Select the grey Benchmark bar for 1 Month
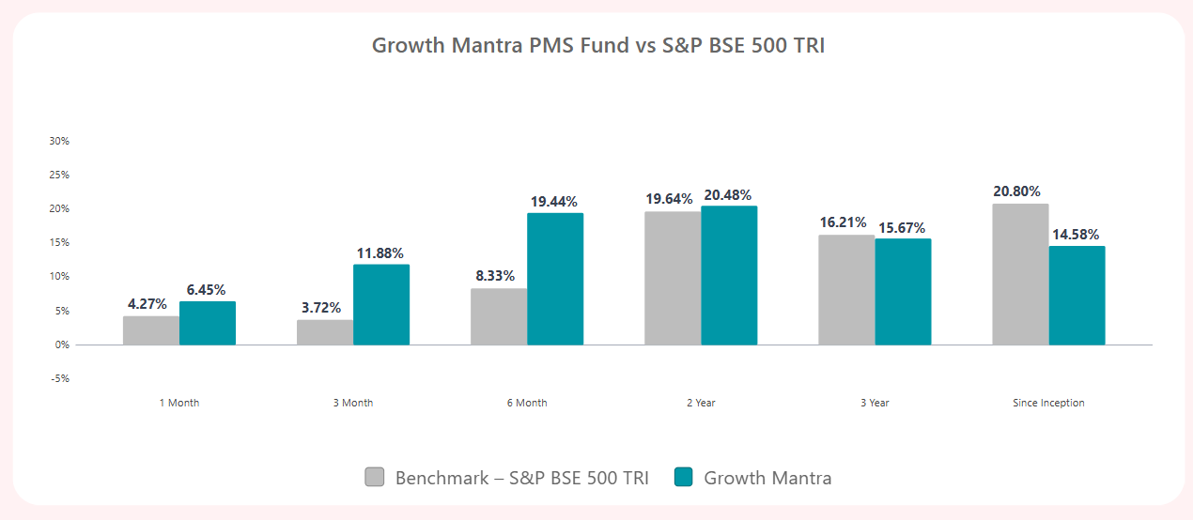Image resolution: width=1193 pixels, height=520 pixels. pos(151,330)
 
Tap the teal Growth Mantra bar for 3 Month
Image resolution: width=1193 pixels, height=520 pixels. pos(381,305)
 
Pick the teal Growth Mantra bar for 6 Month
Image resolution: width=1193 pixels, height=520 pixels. pos(555,279)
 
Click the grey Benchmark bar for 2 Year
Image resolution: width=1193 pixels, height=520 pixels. pos(673,278)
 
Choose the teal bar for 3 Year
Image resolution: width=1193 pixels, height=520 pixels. pos(903,292)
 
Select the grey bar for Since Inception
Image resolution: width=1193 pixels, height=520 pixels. pos(1020,274)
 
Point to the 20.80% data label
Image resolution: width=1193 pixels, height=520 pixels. pos(1016,191)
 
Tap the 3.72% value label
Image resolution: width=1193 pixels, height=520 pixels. pos(321,308)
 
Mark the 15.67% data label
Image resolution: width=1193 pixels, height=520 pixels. pos(902,227)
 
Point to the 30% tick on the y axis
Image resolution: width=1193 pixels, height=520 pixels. pos(59,141)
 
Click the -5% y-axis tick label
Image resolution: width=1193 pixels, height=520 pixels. pos(59,378)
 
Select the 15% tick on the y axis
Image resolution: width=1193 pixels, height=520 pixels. pos(59,243)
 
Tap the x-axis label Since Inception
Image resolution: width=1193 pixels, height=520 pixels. pos(1048,403)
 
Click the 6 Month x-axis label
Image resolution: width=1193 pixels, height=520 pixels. pos(527,403)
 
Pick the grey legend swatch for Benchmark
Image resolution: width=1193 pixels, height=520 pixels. pos(375,477)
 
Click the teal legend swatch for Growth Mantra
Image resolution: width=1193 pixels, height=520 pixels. pos(684,477)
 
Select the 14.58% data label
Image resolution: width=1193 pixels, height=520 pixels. pos(1076,234)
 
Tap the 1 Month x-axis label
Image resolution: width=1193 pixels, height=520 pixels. pos(179,403)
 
